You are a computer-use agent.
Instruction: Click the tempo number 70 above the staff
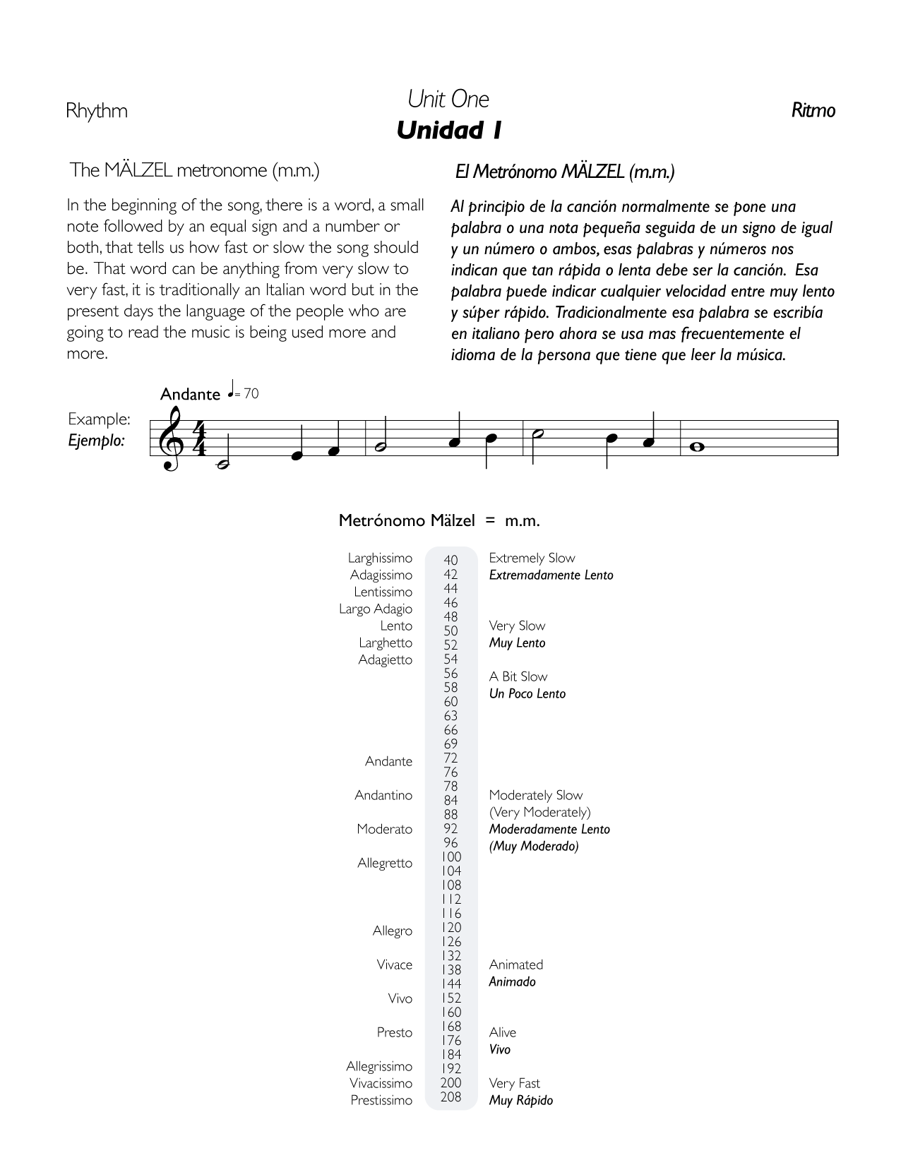pos(251,394)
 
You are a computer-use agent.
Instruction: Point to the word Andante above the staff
pos(190,394)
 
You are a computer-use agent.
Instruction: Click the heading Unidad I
pos(449,131)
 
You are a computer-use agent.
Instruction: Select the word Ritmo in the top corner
pos(813,110)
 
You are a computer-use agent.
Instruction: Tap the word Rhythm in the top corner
pos(97,111)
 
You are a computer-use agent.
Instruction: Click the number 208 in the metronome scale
pos(450,1097)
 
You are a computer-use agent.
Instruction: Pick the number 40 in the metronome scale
pos(450,561)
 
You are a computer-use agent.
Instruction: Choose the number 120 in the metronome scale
pos(450,927)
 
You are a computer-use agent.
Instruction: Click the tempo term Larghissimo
pos(380,558)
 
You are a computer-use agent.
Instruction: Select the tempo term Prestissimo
pos(381,1100)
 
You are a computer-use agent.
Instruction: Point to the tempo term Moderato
pos(384,829)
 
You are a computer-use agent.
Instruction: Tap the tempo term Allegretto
pos(385,863)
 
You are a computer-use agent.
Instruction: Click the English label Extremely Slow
pos(532,558)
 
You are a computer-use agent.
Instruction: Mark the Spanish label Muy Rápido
pos(520,1100)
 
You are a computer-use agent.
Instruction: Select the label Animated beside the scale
pos(515,964)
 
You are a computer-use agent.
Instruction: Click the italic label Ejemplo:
pos(96,441)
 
